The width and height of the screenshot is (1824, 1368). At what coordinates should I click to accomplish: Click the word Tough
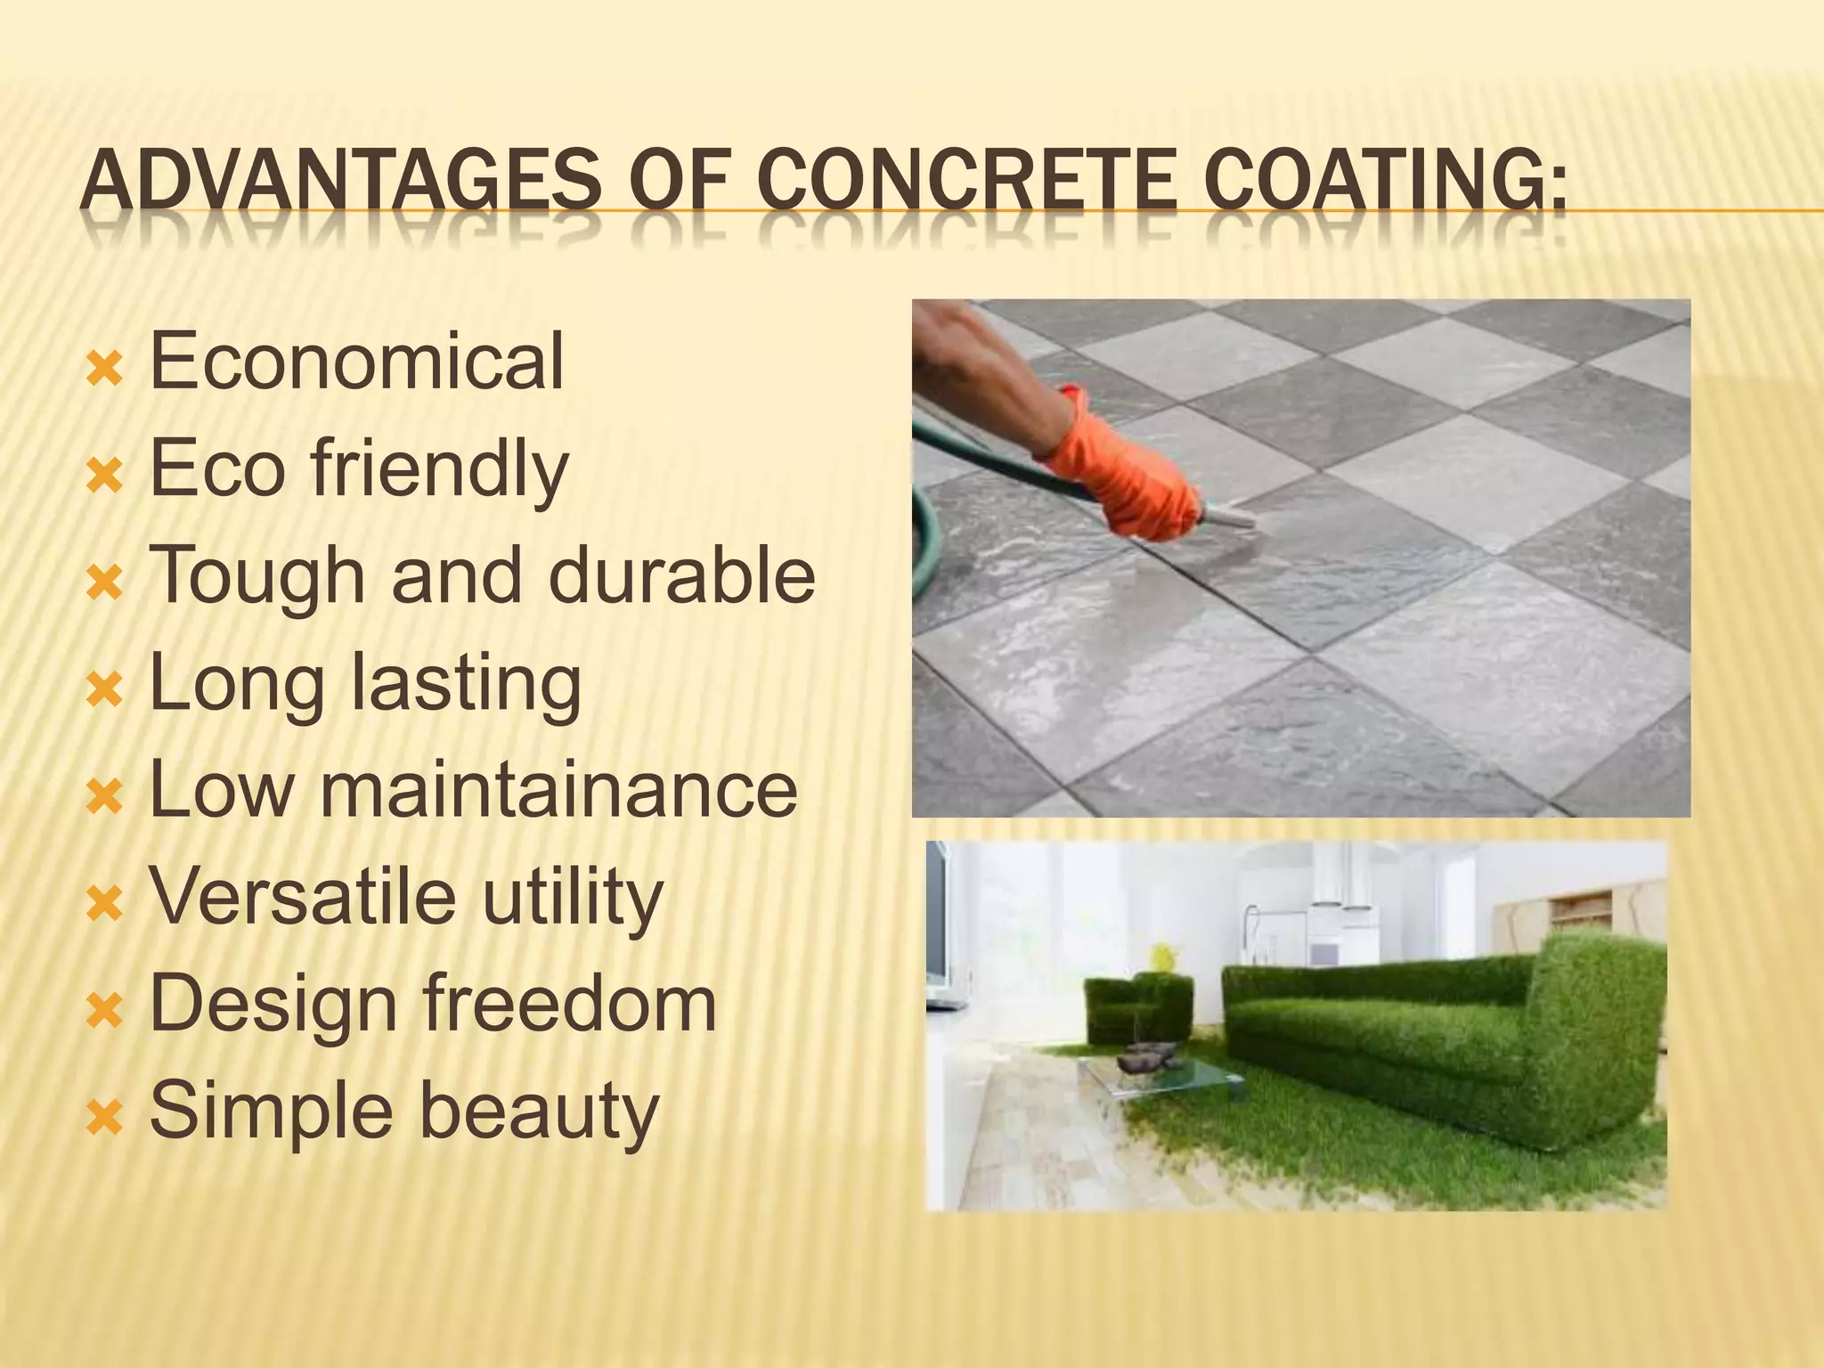(258, 577)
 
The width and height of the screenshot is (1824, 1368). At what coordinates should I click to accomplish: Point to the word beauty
(539, 1112)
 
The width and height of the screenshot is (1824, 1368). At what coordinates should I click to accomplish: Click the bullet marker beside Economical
(104, 369)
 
